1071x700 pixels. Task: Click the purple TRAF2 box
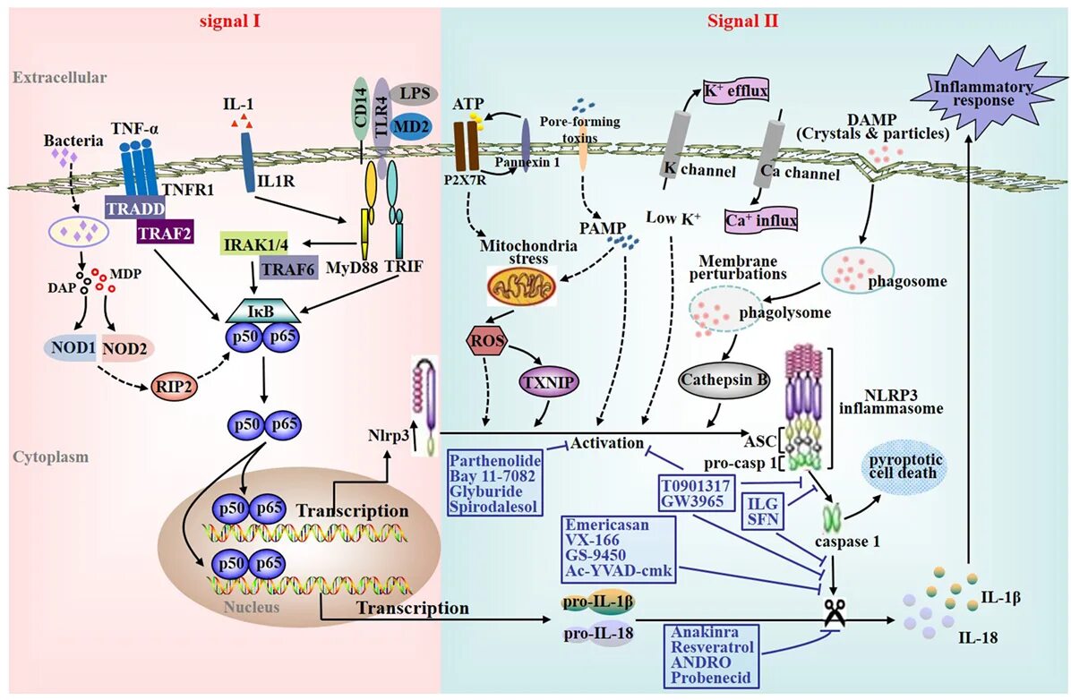coord(167,234)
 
